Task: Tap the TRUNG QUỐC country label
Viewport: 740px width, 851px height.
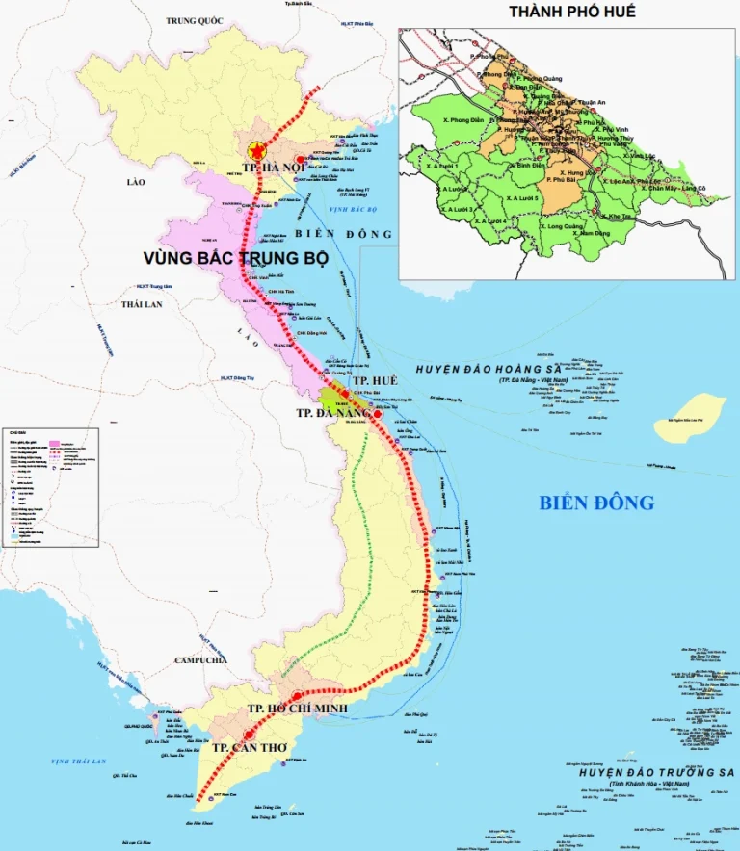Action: tap(195, 20)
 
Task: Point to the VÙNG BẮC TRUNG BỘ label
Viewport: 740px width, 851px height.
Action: tap(236, 259)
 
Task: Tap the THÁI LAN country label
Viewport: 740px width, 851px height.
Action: tap(143, 303)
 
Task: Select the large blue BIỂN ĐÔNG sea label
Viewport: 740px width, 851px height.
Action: tap(596, 503)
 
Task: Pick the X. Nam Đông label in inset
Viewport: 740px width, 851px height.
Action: tap(568, 233)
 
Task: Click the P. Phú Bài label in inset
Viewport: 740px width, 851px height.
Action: tap(564, 179)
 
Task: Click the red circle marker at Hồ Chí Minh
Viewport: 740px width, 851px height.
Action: tap(297, 695)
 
